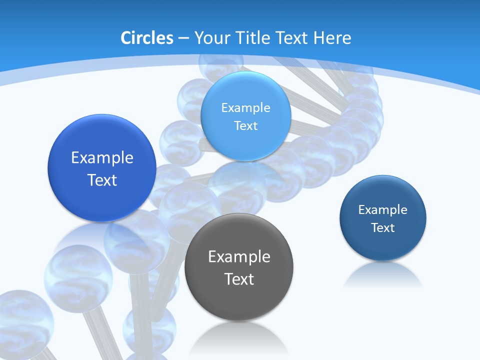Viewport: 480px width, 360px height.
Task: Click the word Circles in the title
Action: tap(147, 38)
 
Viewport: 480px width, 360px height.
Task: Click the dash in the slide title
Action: tap(183, 38)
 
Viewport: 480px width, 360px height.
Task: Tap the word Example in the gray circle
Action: tap(239, 257)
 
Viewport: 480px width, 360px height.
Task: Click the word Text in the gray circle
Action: tap(239, 279)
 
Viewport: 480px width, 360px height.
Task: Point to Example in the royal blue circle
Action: tap(102, 158)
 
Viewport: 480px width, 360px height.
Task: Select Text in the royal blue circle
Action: tap(102, 180)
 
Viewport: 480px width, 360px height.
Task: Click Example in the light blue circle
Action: tap(245, 107)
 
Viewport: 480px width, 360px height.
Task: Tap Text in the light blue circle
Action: tap(245, 125)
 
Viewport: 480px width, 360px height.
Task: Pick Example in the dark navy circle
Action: tap(383, 209)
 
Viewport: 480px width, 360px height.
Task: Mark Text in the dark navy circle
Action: tap(383, 227)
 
